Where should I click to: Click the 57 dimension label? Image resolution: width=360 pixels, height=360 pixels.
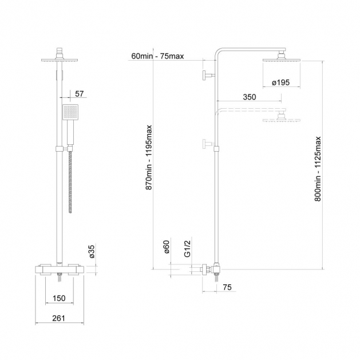(80, 94)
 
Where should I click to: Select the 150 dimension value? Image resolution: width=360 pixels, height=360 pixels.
(59, 298)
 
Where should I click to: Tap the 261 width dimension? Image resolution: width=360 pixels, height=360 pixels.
(59, 318)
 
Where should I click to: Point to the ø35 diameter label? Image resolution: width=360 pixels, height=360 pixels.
(92, 252)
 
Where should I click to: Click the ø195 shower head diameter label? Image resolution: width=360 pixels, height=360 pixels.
(281, 82)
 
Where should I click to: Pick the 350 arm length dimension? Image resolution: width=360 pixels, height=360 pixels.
(250, 97)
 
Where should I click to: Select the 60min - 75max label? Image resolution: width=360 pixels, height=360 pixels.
(158, 56)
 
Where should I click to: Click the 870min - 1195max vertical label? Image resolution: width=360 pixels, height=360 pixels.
(149, 157)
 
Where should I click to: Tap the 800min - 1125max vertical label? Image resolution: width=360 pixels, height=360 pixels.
(317, 169)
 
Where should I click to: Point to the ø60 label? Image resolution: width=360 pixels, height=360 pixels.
(167, 247)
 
